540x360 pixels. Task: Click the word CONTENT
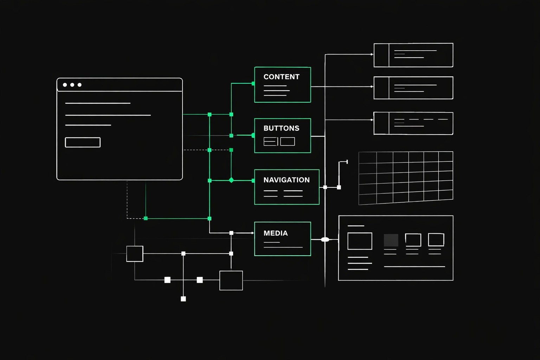pyautogui.click(x=281, y=77)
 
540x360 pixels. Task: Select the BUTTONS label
pyautogui.click(x=281, y=128)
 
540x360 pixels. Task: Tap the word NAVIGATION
pyautogui.click(x=287, y=180)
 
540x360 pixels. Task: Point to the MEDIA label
pyautogui.click(x=276, y=233)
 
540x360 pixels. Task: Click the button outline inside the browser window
pyautogui.click(x=83, y=142)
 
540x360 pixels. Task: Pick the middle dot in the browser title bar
pyautogui.click(x=72, y=85)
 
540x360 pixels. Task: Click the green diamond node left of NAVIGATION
pyautogui.click(x=231, y=180)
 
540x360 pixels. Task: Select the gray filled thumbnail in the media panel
pyautogui.click(x=391, y=240)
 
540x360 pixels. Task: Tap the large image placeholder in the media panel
pyautogui.click(x=360, y=241)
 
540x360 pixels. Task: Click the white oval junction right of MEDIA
pyautogui.click(x=325, y=239)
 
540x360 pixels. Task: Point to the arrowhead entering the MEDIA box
pyautogui.click(x=252, y=233)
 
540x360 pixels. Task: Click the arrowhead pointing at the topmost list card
pyautogui.click(x=372, y=54)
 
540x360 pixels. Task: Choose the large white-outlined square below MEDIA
pyautogui.click(x=231, y=280)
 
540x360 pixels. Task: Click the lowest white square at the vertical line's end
pyautogui.click(x=183, y=299)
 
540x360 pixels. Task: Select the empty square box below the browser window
pyautogui.click(x=135, y=254)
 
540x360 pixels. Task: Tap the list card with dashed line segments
pyautogui.click(x=413, y=123)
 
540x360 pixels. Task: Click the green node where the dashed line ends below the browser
pyautogui.click(x=146, y=218)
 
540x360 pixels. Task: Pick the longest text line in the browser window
pyautogui.click(x=108, y=115)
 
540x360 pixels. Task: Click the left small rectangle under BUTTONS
pyautogui.click(x=270, y=141)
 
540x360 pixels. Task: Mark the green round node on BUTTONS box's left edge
pyautogui.click(x=253, y=135)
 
